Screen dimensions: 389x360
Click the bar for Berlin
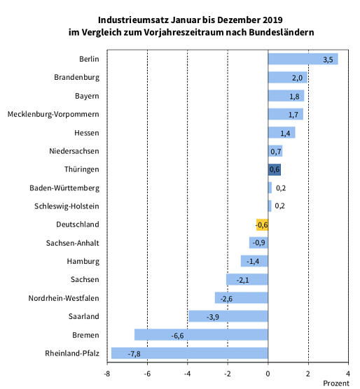303,59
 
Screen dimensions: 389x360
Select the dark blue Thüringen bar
274,169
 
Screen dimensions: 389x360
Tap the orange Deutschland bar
262,225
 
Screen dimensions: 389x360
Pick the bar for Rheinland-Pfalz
189,353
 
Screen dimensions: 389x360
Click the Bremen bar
201,335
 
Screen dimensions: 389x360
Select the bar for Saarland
228,316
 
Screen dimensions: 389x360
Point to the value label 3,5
328,59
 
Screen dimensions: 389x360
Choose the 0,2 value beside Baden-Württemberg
280,188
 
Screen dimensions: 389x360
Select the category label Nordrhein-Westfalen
64,299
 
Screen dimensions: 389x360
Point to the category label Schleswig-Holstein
67,206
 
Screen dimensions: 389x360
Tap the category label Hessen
86,133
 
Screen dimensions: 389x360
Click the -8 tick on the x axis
107,374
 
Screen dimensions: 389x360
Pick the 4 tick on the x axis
349,374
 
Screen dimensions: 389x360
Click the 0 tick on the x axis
268,374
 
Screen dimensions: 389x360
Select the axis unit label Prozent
335,383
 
